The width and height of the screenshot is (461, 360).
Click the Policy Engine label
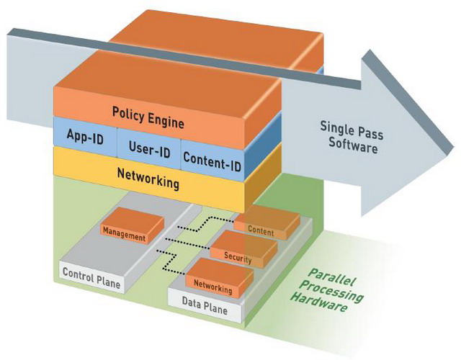click(148, 112)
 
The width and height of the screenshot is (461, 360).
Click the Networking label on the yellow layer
click(148, 181)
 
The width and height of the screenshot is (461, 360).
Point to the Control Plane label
click(91, 273)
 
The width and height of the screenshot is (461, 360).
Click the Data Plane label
click(205, 310)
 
